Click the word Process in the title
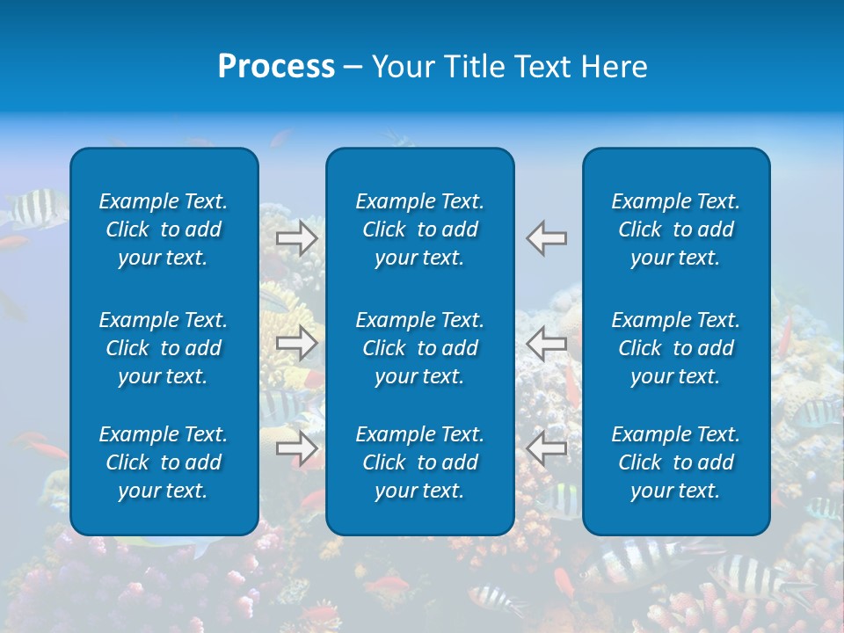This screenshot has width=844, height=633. point(276,67)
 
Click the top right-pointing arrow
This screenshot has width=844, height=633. point(296,238)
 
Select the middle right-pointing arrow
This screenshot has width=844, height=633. point(296,343)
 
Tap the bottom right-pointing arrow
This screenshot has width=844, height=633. point(296,448)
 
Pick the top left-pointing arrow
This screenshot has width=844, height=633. point(547,238)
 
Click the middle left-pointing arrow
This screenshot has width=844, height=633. point(547,343)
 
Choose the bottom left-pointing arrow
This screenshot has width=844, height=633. point(547,448)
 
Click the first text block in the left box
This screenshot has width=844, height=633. point(164,229)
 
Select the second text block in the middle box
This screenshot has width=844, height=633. point(419,348)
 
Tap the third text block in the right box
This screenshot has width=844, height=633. point(675,462)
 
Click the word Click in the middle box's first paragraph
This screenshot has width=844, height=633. point(384,229)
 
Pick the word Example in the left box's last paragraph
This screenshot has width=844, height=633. point(133,434)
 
